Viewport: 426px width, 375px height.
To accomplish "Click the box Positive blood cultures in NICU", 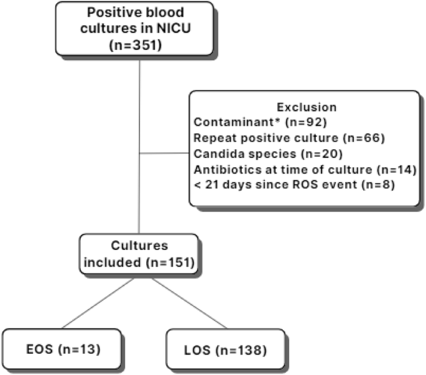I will coord(139,29).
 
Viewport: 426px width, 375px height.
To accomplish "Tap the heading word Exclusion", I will coord(306,107).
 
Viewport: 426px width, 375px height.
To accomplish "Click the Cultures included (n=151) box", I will coord(139,254).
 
